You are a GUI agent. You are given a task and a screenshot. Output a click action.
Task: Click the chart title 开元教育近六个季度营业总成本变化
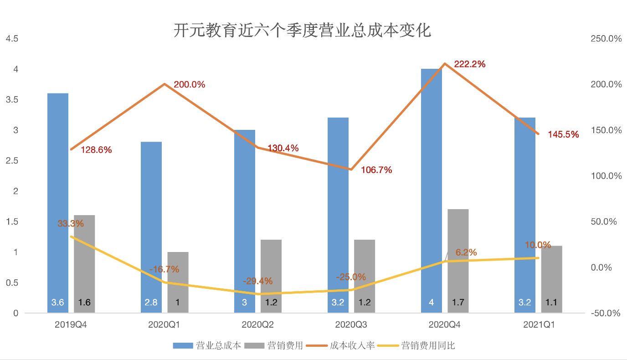pyautogui.click(x=302, y=31)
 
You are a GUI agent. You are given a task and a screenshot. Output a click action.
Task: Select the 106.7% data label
pyautogui.click(x=376, y=170)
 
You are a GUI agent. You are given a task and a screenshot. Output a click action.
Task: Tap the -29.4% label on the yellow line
pyautogui.click(x=257, y=281)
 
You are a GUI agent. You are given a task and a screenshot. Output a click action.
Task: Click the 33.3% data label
pyautogui.click(x=71, y=223)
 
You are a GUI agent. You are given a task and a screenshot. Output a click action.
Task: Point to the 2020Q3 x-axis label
pyautogui.click(x=351, y=325)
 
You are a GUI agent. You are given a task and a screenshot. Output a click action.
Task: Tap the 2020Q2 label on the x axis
pyautogui.click(x=257, y=325)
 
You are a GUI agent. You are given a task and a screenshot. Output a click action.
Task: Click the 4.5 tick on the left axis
pyautogui.click(x=11, y=39)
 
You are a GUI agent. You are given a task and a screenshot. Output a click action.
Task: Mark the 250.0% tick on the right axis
pyautogui.click(x=606, y=39)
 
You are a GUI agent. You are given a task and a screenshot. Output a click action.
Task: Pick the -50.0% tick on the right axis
pyautogui.click(x=606, y=313)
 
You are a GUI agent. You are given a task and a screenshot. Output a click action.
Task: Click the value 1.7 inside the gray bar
pyautogui.click(x=458, y=302)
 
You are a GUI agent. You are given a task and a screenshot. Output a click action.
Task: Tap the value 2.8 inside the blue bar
pyautogui.click(x=151, y=302)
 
